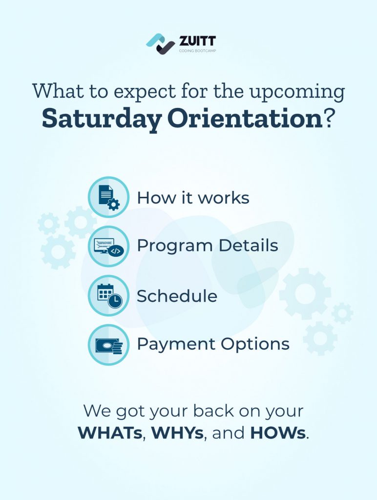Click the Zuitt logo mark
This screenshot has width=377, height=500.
161,43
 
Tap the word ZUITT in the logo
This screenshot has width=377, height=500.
197,41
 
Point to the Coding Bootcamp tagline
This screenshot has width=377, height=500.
197,51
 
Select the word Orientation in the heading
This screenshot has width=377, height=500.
245,118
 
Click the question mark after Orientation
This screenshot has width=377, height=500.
329,118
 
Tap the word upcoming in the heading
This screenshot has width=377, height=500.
297,92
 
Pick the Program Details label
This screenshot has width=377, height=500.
208,246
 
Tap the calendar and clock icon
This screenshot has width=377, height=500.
109,295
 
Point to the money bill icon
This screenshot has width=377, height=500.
109,345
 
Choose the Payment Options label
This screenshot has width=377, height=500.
213,344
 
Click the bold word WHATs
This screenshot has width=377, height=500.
110,433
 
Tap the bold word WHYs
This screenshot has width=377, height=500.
177,433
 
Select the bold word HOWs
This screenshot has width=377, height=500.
278,433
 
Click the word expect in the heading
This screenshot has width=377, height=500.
145,92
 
